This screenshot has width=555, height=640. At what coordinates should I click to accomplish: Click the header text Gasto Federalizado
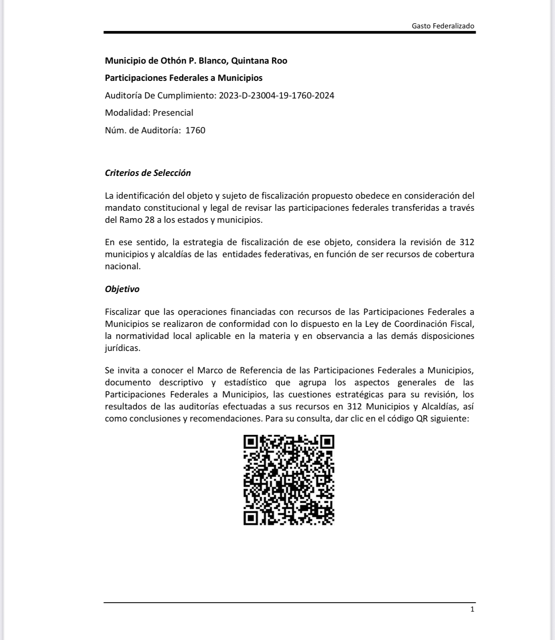point(443,26)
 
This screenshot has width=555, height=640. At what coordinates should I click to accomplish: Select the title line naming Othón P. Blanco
point(196,61)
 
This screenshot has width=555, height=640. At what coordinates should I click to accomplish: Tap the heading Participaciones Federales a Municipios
point(183,78)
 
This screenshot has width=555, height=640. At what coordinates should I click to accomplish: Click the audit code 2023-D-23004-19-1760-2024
point(276,95)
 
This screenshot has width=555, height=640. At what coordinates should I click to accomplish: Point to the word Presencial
point(173,113)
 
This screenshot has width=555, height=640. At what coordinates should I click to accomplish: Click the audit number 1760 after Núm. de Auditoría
point(195,130)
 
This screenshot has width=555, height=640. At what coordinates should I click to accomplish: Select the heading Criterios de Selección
point(148,173)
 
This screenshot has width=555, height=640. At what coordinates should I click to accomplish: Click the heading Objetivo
point(122,289)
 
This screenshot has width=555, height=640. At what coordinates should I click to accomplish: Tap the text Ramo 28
point(136,220)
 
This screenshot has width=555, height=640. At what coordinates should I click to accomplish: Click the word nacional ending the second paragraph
point(123,266)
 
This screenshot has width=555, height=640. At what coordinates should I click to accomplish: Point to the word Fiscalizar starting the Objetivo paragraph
point(123,312)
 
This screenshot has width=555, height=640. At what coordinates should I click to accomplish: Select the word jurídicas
point(123,348)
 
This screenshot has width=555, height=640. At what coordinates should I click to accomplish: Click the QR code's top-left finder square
point(250,442)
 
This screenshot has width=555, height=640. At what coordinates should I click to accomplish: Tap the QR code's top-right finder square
point(327,442)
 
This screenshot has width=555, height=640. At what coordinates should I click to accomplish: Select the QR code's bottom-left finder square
point(250,518)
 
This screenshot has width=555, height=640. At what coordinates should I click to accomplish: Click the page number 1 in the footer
point(472,609)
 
